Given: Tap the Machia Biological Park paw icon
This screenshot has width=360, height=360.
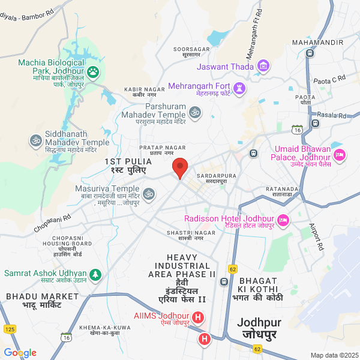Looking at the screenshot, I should (x=94, y=73).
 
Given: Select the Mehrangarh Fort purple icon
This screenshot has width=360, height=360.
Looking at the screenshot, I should (x=239, y=89).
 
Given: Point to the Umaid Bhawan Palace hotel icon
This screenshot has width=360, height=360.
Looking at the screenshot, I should (x=340, y=154).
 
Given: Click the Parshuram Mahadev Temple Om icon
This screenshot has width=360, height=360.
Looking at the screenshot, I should (x=194, y=112).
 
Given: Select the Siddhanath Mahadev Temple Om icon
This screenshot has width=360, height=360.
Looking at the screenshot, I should (x=35, y=140).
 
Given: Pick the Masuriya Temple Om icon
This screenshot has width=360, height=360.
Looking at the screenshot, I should (x=148, y=193).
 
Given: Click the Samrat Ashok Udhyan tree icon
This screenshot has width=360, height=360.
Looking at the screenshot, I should (x=95, y=274).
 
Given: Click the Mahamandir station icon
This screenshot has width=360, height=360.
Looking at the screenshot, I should (x=310, y=53).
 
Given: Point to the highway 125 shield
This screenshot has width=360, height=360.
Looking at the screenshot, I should (x=10, y=329).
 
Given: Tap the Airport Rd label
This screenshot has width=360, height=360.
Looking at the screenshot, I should (x=316, y=237).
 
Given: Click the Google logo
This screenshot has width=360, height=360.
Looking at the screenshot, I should (x=20, y=353).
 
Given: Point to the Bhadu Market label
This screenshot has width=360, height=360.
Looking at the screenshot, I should (x=34, y=301).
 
